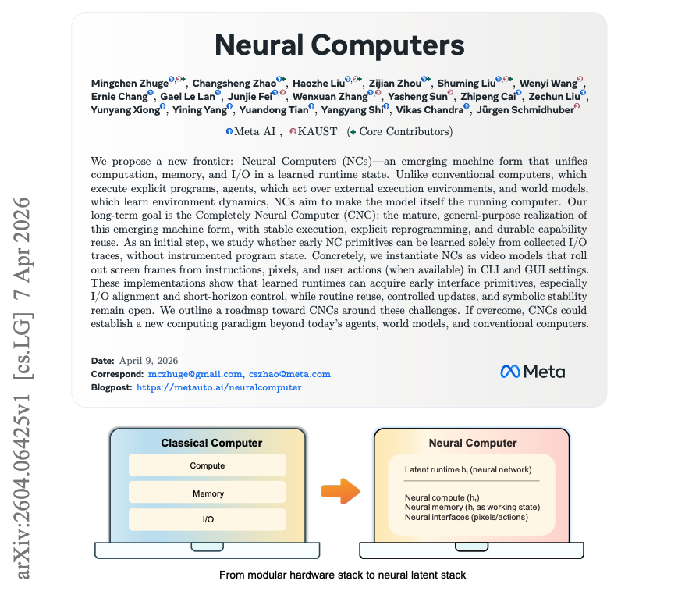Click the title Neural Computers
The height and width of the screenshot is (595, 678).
click(x=339, y=45)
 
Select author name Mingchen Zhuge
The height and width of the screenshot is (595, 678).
click(x=129, y=83)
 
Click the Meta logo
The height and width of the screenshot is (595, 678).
click(x=533, y=372)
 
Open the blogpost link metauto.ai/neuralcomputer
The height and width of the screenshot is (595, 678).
click(x=218, y=387)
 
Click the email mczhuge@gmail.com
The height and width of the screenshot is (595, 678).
click(x=194, y=374)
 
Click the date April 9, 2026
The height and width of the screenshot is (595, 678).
click(x=148, y=361)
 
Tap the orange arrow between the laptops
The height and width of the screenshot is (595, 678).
click(x=341, y=491)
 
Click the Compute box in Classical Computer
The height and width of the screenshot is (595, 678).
click(x=208, y=466)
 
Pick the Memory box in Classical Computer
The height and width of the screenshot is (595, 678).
click(x=208, y=493)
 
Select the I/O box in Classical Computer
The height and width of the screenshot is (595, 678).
click(x=208, y=519)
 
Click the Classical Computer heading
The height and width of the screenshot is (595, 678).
click(x=211, y=443)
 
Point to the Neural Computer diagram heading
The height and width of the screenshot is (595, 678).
click(x=473, y=443)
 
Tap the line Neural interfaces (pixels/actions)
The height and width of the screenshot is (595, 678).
click(x=467, y=517)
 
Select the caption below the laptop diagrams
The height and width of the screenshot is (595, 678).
click(x=343, y=575)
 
